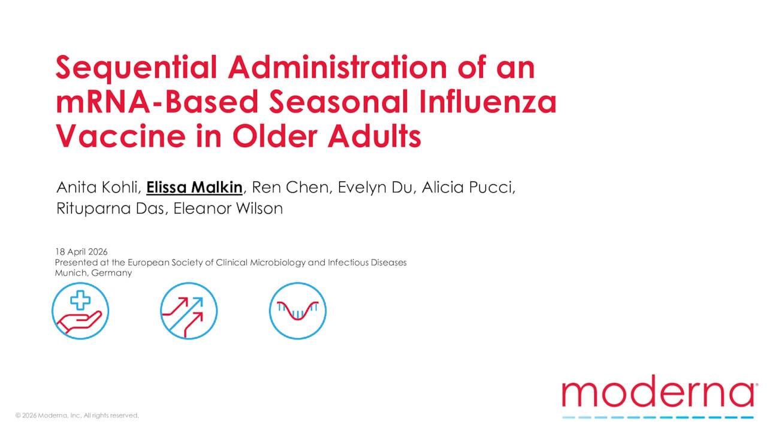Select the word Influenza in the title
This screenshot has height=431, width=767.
[x=488, y=102]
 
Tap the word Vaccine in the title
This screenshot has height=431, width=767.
[x=121, y=136]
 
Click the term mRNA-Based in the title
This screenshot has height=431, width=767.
[x=157, y=102]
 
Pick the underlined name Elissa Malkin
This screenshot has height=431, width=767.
[x=194, y=187]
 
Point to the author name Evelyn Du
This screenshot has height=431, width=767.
[x=375, y=187]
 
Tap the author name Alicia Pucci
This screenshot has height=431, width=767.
[x=467, y=187]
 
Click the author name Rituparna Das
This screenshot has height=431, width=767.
[x=110, y=208]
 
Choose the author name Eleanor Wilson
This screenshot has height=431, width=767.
[x=228, y=208]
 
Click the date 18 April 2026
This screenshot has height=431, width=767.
[x=81, y=252]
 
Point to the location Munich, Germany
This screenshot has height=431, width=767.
[x=93, y=273]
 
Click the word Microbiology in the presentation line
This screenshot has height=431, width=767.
[x=277, y=262]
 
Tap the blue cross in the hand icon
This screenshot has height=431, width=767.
[x=80, y=300]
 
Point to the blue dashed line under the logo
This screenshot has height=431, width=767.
[x=658, y=417]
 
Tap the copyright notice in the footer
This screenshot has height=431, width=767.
[x=77, y=415]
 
